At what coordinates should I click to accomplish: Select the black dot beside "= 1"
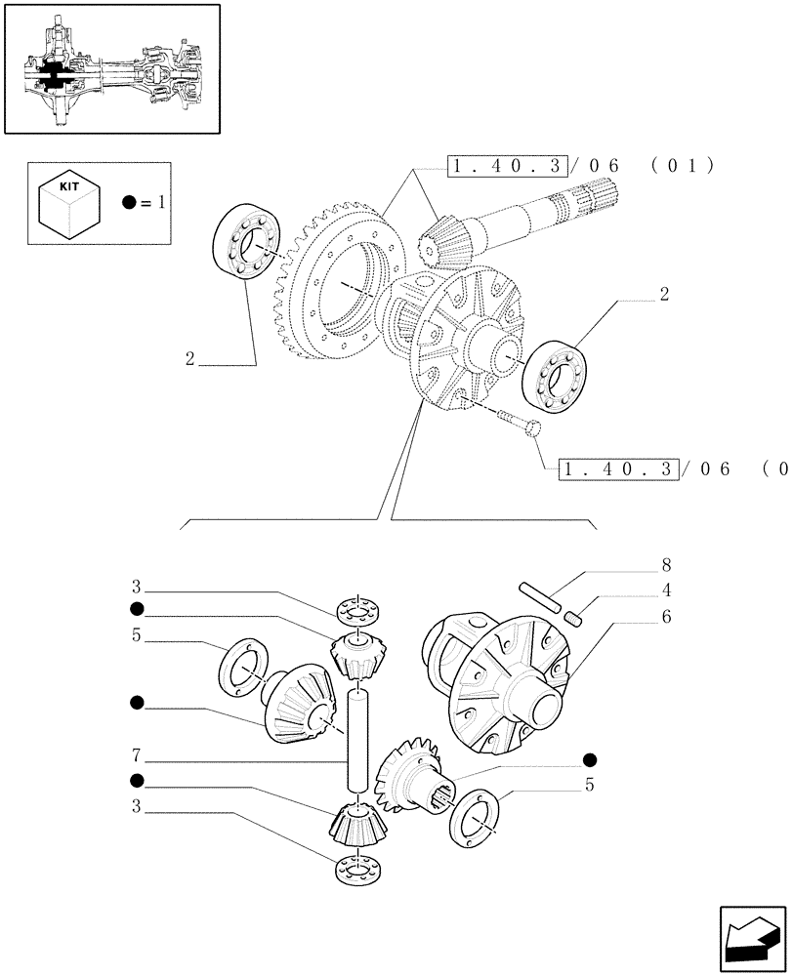(130, 203)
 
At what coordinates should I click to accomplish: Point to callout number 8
(666, 565)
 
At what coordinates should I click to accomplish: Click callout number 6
(666, 616)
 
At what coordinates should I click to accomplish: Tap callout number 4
(666, 590)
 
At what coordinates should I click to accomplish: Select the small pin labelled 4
(575, 617)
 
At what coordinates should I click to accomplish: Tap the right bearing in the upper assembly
(554, 373)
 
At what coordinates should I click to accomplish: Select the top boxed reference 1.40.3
(506, 167)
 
